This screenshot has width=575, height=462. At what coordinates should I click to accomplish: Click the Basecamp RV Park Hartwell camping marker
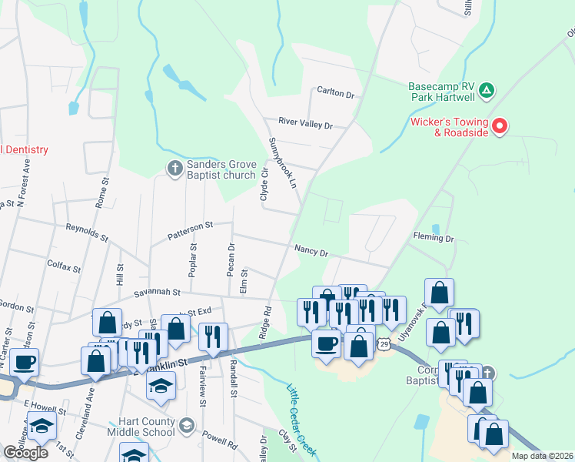pos(486,91)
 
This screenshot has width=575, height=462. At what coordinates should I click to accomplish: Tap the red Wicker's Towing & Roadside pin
pos(500,125)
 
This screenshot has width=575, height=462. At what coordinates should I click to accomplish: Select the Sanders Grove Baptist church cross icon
pos(174,167)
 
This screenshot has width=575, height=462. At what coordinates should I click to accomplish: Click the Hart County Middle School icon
pos(186,424)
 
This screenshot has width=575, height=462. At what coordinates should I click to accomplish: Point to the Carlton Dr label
pos(336,94)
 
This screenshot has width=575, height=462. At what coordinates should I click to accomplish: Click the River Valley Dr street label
pos(305,124)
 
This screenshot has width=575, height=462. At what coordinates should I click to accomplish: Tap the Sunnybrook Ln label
pos(282,163)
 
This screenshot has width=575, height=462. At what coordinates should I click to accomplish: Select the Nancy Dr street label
pos(311,252)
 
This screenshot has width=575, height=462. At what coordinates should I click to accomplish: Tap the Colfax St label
pos(65,266)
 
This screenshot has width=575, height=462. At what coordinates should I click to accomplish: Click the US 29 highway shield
pos(384,346)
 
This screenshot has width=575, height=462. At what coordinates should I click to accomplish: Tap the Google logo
pos(25,452)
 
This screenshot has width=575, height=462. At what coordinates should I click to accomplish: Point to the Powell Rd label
pos(221,442)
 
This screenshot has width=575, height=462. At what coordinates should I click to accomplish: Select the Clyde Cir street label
pos(264,185)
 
